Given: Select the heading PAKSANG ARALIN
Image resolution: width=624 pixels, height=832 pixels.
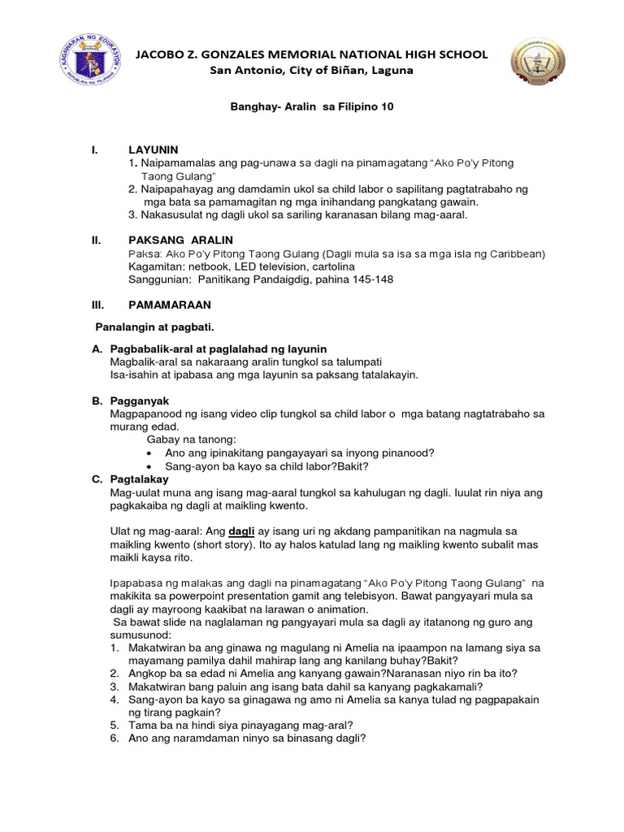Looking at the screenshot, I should (180, 240).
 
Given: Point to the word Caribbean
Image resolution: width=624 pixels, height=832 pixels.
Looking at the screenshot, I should (512, 253).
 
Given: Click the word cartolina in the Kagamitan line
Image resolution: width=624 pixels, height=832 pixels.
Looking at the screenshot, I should (329, 266).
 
